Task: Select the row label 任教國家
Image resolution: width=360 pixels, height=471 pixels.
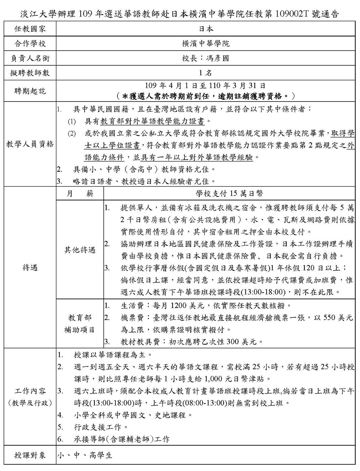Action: [30, 29]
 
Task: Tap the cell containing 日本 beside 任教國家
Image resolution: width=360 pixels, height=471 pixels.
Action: [206, 29]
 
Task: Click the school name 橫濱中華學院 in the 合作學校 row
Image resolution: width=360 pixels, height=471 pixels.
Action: [206, 44]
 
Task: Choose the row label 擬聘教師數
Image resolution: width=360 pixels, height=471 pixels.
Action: [30, 73]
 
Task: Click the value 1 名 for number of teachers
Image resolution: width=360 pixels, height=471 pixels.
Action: [206, 73]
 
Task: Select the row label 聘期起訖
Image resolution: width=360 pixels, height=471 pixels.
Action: [30, 91]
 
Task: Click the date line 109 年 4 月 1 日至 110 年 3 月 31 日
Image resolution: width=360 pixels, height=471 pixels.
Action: [206, 86]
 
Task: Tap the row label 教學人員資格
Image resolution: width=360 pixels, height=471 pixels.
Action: [30, 144]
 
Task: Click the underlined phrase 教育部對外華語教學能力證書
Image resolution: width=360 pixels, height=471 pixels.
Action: [153, 121]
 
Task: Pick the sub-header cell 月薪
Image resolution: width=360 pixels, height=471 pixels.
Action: [80, 193]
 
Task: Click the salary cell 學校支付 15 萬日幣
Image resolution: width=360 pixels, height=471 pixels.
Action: [229, 193]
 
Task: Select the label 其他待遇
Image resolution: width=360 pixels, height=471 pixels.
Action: [80, 250]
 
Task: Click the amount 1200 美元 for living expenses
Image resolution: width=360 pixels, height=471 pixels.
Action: [188, 306]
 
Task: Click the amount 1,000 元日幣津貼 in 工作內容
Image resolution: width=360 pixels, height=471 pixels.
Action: [234, 379]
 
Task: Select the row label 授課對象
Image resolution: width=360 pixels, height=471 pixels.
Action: [30, 455]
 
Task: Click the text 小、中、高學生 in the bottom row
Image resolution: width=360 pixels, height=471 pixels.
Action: [85, 455]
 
